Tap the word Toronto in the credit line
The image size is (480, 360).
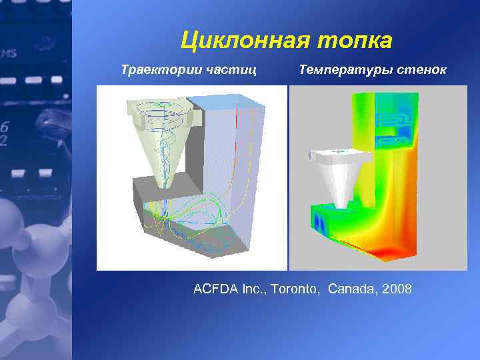pyautogui.click(x=295, y=289)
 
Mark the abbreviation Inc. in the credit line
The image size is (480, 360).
pyautogui.click(x=254, y=289)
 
